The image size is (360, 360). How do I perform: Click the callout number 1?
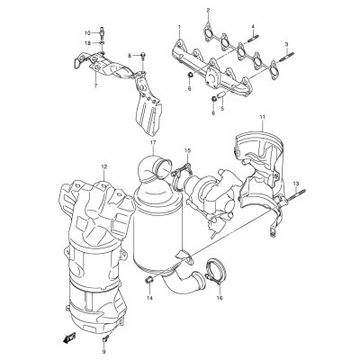pos(179,27)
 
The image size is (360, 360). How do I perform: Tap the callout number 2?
pos(208,11)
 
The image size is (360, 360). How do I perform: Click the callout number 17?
pos(153,143)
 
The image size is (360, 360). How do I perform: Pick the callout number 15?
pos(187,149)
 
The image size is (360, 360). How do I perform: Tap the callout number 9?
pos(103,343)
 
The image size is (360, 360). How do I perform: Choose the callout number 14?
pos(149,298)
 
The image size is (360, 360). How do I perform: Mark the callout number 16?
pos(220,298)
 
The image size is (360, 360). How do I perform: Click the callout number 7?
pos(95,85)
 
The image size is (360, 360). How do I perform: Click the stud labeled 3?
pos(287,58)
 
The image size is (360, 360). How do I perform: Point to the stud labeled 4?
pos(254,40)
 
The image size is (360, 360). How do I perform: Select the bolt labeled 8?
pos(143,56)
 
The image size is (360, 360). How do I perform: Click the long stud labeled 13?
pos(297,195)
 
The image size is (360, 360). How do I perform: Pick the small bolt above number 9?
pos(103,331)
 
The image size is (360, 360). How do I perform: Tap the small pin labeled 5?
pos(221,96)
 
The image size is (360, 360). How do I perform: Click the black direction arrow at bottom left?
pos(68,337)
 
